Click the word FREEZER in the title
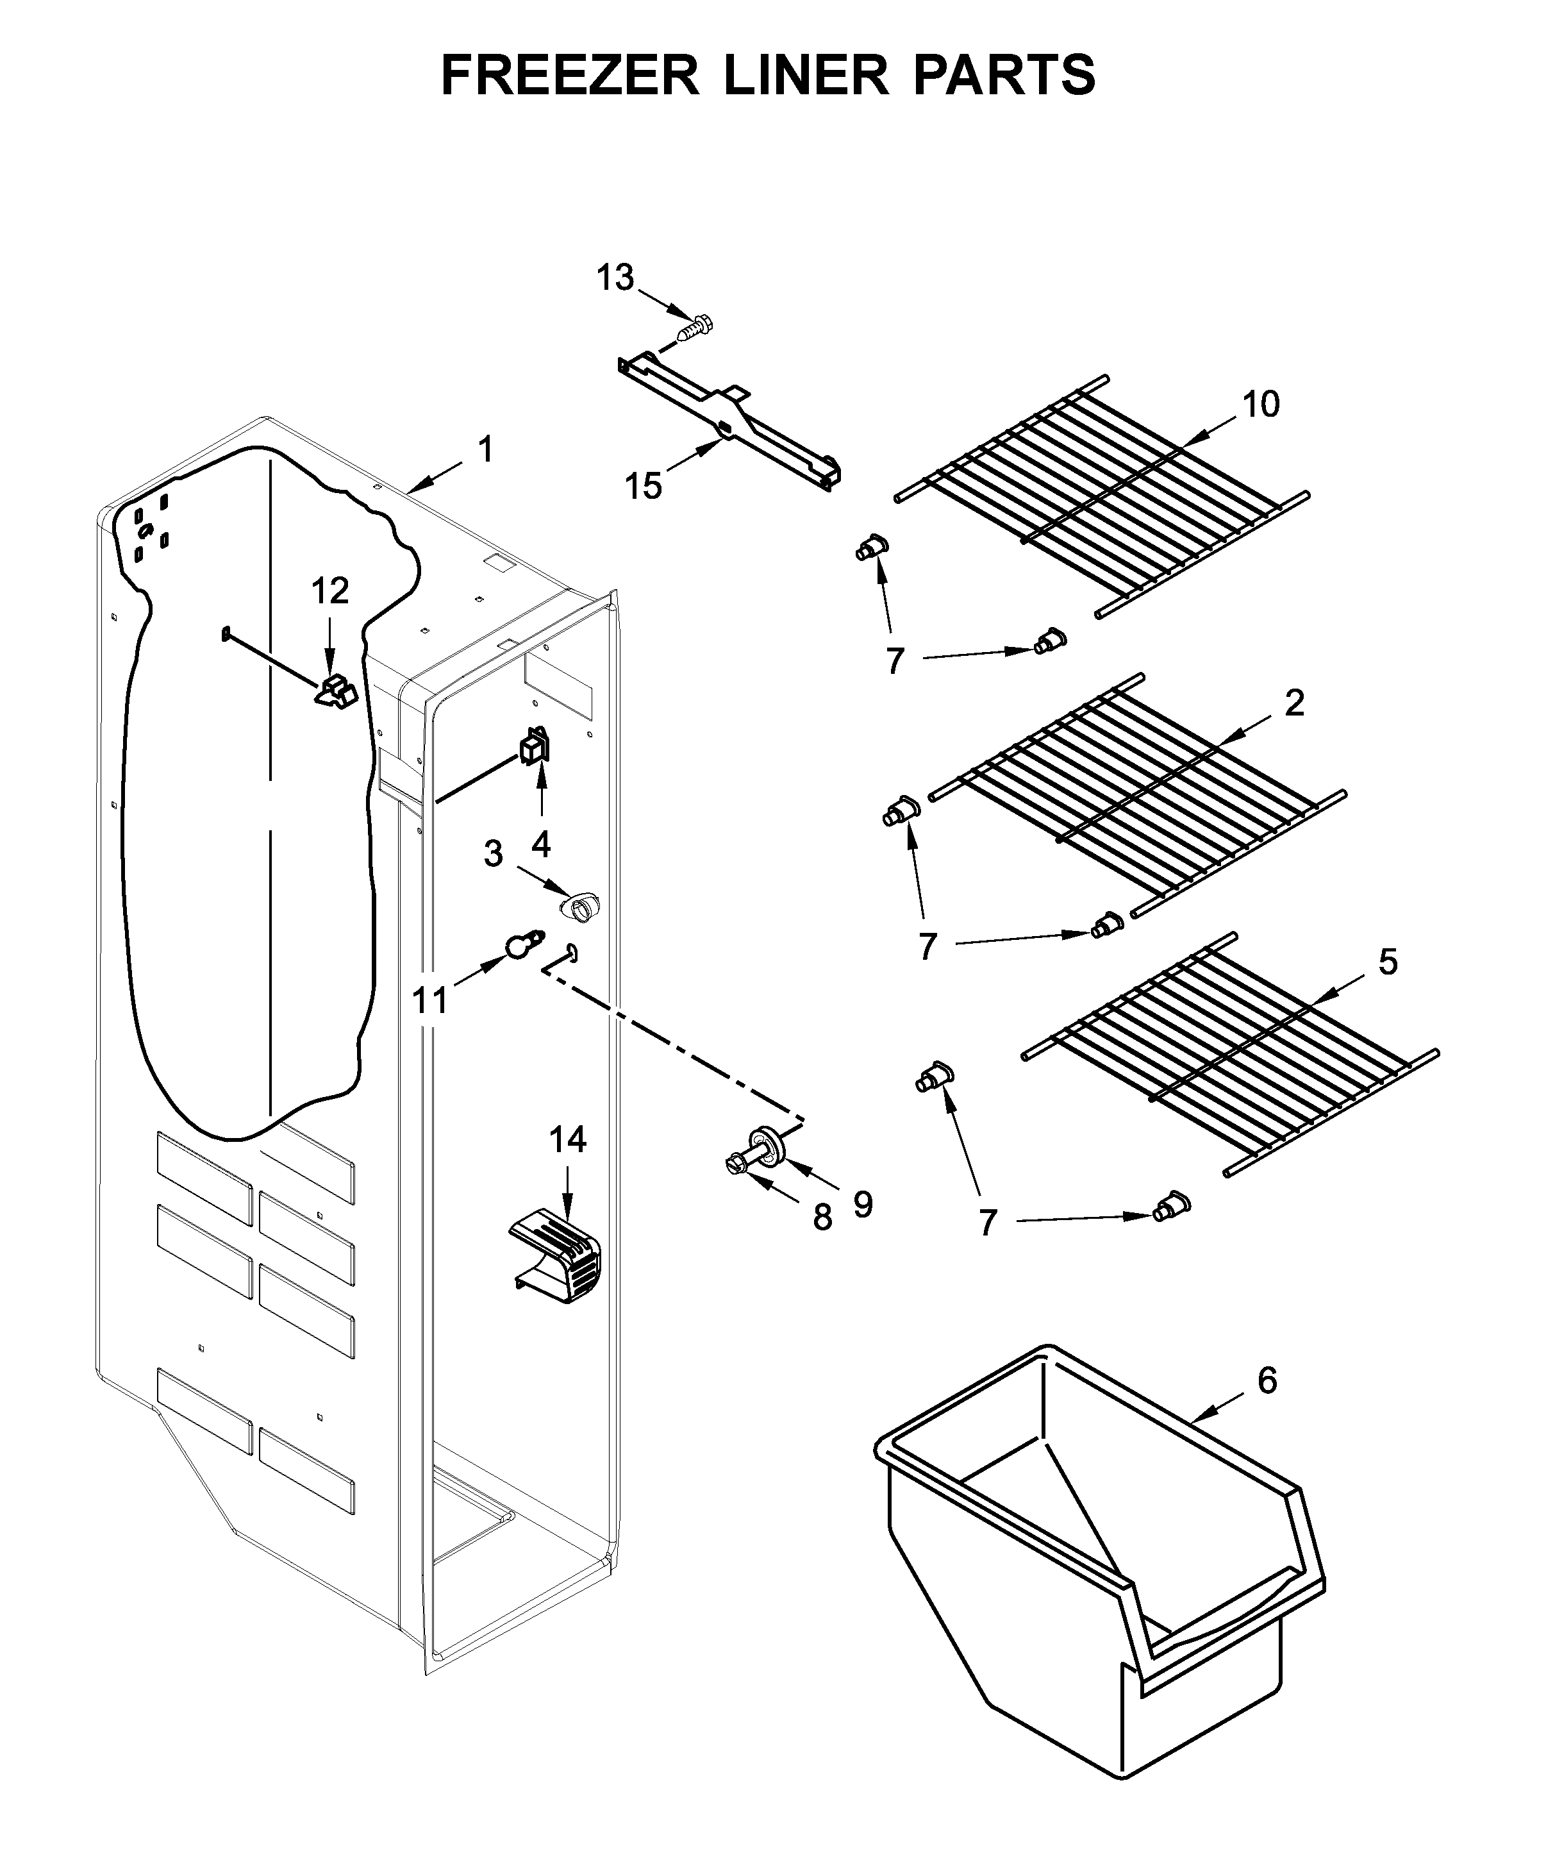pyautogui.click(x=570, y=75)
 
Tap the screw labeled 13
pyautogui.click(x=694, y=328)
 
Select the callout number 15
pyautogui.click(x=643, y=486)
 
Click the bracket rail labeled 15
pyautogui.click(x=728, y=420)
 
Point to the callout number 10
pyautogui.click(x=1261, y=405)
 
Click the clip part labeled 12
pyautogui.click(x=335, y=691)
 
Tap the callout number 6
pyautogui.click(x=1267, y=1380)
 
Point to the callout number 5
pyautogui.click(x=1387, y=962)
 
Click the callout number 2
pyautogui.click(x=1294, y=703)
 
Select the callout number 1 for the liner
pyautogui.click(x=485, y=449)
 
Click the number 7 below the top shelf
pyautogui.click(x=895, y=661)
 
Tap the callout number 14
pyautogui.click(x=568, y=1140)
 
